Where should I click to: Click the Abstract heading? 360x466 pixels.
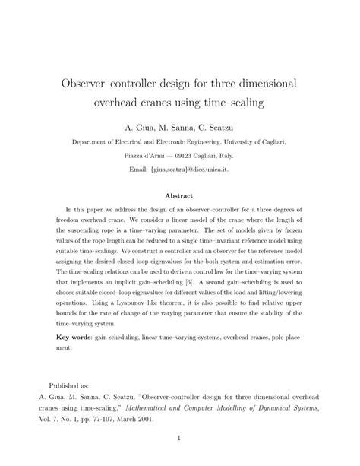179,195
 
